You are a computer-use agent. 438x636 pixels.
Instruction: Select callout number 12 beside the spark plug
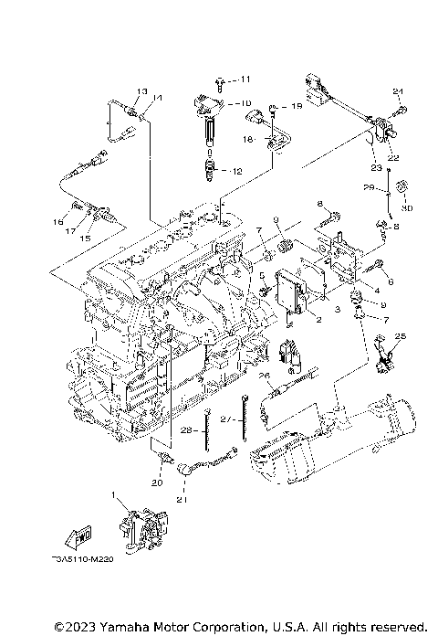point(237,172)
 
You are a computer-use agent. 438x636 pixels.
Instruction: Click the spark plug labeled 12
point(213,169)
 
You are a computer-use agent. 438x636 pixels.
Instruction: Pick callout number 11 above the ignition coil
point(244,80)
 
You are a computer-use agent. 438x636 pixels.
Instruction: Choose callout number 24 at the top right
point(398,91)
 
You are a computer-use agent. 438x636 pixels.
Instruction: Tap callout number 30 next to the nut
point(407,207)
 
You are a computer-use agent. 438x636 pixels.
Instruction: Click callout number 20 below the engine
point(157,483)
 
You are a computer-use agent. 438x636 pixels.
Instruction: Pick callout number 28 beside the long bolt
point(186,430)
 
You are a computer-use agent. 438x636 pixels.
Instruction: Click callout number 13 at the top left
point(141,91)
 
